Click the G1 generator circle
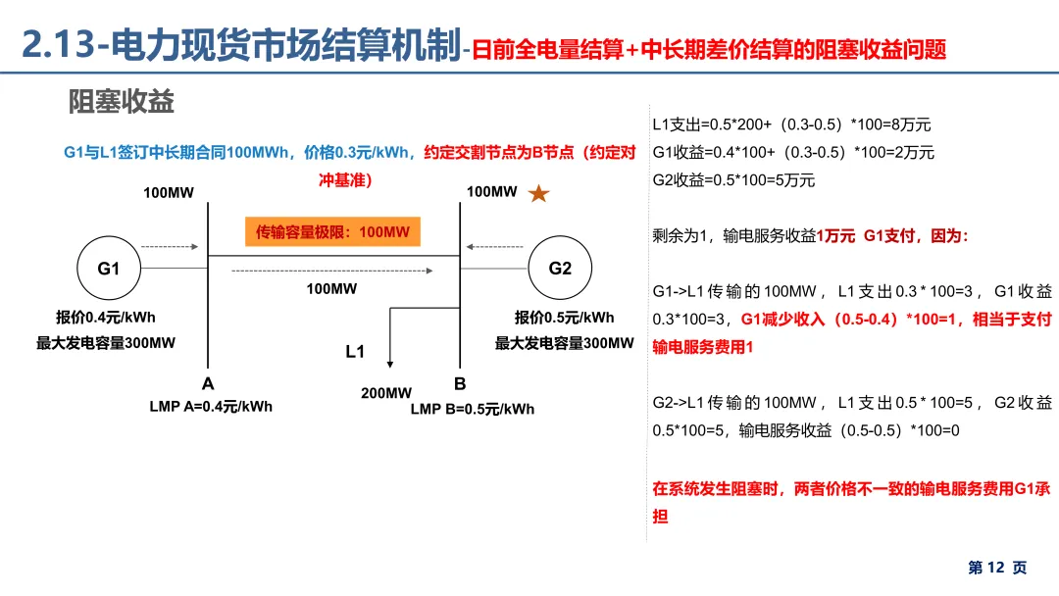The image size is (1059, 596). tap(108, 268)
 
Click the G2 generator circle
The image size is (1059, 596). tap(560, 268)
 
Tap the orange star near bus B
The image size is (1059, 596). tap(538, 194)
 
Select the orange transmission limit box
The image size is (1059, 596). tap(332, 231)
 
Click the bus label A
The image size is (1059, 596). tap(208, 383)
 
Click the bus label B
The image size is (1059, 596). tap(460, 383)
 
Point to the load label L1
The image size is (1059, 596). tap(355, 351)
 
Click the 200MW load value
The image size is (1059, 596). tap(386, 393)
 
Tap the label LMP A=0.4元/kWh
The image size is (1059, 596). tap(211, 407)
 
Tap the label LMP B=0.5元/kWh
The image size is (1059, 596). tap(473, 409)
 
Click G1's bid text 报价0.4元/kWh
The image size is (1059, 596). tap(106, 318)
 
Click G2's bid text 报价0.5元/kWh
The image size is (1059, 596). tap(565, 318)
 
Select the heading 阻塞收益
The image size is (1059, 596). tap(122, 102)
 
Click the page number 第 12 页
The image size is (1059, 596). tap(997, 568)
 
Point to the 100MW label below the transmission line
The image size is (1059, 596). tap(331, 289)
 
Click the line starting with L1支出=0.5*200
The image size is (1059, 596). tap(791, 124)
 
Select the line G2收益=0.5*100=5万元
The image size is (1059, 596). tap(733, 180)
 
